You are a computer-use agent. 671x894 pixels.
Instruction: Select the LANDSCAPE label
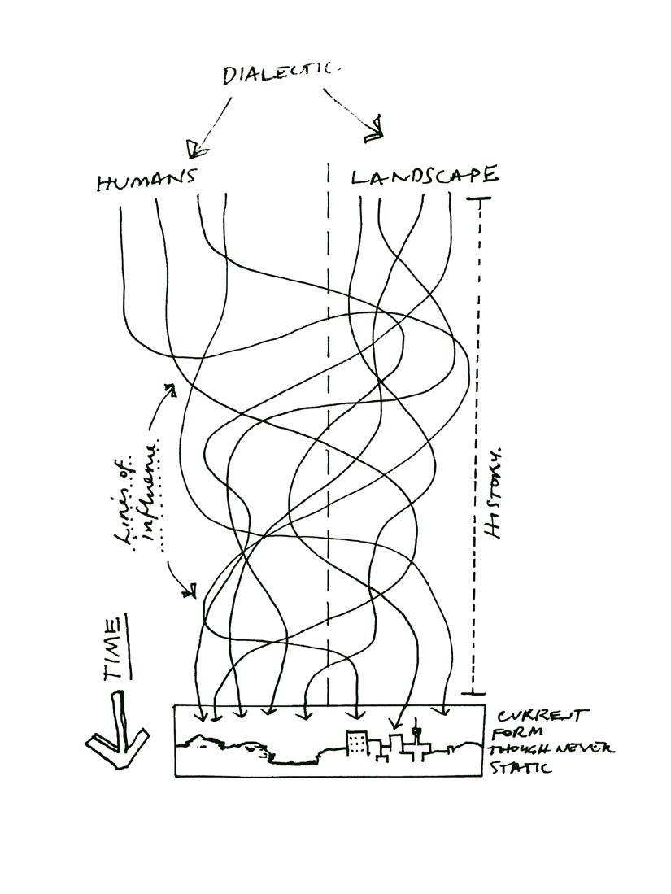[425, 177]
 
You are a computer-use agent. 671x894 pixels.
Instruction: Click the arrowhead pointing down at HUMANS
[193, 149]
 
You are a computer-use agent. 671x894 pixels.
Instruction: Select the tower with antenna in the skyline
[418, 734]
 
